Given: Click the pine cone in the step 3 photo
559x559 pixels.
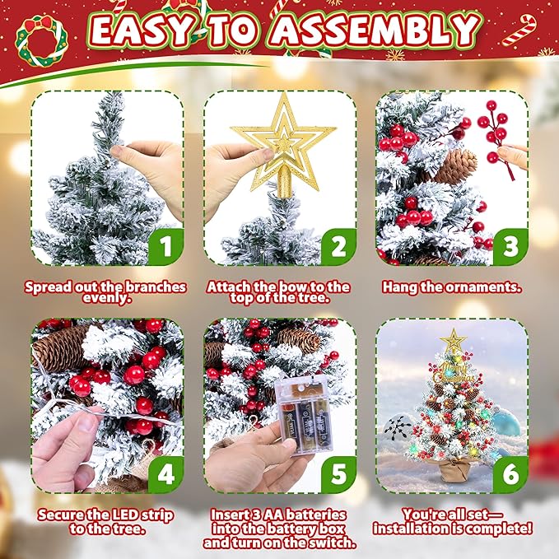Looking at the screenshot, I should [456, 165].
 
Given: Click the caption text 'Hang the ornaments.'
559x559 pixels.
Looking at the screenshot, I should [452, 288].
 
